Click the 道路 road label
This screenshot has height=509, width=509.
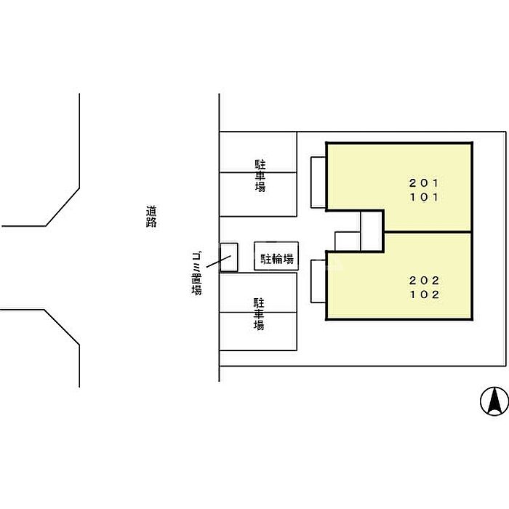click(x=151, y=217)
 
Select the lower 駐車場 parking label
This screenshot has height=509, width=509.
click(x=258, y=314)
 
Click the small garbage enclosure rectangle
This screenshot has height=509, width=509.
click(x=229, y=257)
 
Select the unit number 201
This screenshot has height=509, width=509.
click(x=425, y=183)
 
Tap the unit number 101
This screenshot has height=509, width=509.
click(x=425, y=196)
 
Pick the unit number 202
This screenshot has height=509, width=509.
click(x=425, y=281)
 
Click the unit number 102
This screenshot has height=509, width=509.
click(x=425, y=294)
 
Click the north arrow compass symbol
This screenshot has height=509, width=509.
click(x=493, y=401)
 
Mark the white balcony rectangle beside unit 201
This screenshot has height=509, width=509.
click(x=318, y=182)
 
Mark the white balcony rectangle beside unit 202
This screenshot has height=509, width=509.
click(x=318, y=281)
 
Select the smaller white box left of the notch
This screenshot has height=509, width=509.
click(x=347, y=241)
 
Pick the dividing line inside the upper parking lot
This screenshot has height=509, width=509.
click(x=258, y=172)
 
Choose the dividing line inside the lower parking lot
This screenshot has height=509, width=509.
click(x=258, y=312)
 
